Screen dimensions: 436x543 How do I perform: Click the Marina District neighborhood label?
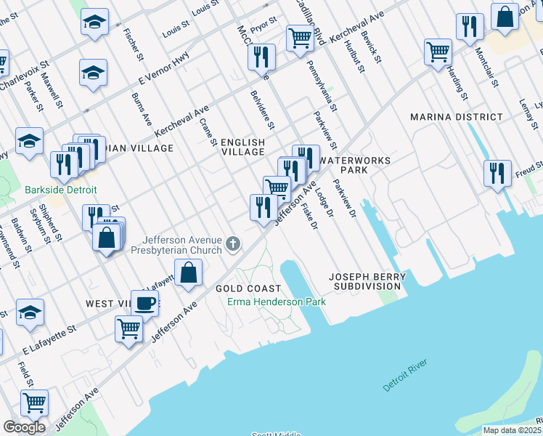coord(456,117)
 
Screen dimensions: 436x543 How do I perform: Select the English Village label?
coord(242,148)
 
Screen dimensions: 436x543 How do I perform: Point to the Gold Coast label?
coord(248,288)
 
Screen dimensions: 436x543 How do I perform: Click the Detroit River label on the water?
coord(406,376)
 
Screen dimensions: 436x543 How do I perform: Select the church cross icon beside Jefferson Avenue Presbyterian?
coord(233,243)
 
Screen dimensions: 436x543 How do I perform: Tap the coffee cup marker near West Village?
coord(144,303)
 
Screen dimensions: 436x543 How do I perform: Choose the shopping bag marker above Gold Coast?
coord(189,273)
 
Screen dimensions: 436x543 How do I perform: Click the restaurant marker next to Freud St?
coord(497,173)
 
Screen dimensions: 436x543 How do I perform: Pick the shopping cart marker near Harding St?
coord(438,51)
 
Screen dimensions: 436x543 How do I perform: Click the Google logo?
coord(24,427)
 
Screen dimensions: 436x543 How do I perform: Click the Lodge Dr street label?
coord(324,205)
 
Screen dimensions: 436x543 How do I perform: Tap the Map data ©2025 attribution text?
coord(512,430)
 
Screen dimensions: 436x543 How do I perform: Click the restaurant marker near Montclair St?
coord(470,26)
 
